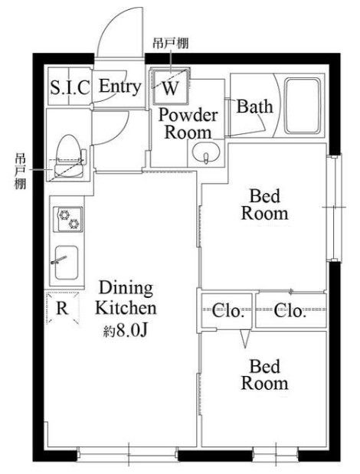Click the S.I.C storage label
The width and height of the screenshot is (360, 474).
click(70, 87)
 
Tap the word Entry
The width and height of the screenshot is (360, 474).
click(120, 86)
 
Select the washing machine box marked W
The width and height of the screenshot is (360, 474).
click(170, 87)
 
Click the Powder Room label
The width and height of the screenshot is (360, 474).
click(188, 123)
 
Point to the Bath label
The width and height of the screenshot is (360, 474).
click(254, 106)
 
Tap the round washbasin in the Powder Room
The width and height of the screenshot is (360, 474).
click(205, 155)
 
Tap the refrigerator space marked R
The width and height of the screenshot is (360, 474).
click(63, 309)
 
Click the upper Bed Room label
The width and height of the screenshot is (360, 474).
click(265, 204)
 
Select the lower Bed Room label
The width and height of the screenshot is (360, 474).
click(265, 374)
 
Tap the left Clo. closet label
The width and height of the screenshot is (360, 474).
click(227, 312)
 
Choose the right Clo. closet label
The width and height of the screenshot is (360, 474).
click(290, 312)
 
